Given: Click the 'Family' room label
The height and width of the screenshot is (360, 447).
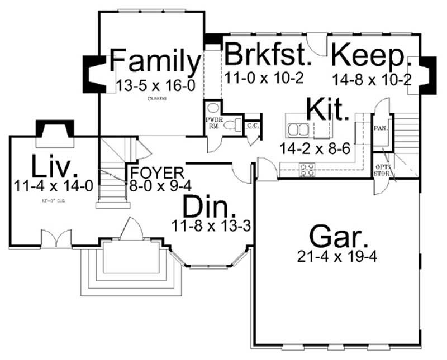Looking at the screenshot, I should point(155,62).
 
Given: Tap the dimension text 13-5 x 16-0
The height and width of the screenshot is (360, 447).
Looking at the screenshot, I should point(155,85).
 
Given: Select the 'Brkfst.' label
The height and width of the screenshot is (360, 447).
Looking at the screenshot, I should point(267,56).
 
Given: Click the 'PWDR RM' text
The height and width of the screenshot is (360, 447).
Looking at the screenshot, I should point(213,123).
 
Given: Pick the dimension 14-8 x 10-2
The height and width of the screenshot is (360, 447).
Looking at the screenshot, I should point(372,80).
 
